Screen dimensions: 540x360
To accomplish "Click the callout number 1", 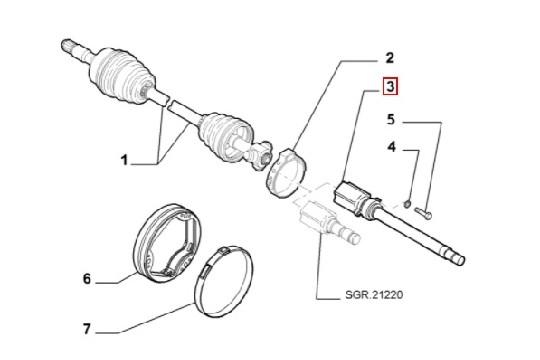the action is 125,158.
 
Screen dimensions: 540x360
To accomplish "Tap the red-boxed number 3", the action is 391,91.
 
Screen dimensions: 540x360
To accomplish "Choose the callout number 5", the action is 393,121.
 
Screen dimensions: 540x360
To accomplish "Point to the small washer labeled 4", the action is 410,205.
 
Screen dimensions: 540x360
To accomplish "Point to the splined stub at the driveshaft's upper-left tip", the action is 69,44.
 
